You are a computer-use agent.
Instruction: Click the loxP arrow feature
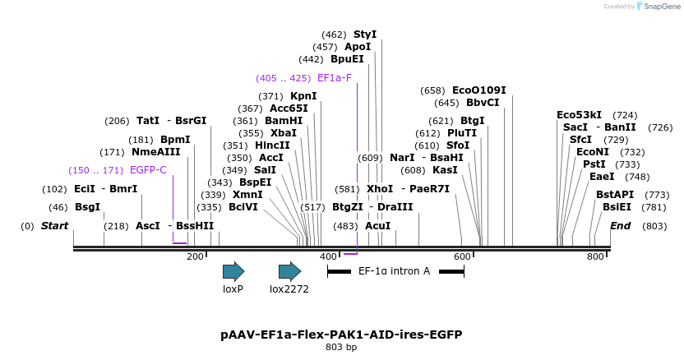[233, 272]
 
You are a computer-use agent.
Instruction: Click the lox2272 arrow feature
[289, 272]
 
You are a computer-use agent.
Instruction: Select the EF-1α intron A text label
[394, 271]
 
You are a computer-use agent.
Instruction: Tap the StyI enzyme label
[365, 35]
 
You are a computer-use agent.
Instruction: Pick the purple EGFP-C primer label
[148, 170]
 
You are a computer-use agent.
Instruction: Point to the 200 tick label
[195, 257]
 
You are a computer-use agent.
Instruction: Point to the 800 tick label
[595, 257]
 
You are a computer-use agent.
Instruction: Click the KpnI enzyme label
[303, 96]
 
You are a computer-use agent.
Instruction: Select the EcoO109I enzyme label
[479, 90]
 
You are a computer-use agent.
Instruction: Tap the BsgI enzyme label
[87, 207]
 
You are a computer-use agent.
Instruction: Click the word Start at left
[55, 225]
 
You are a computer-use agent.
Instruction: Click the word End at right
[621, 225]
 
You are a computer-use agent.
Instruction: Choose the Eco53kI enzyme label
[579, 115]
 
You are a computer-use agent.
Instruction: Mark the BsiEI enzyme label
[617, 207]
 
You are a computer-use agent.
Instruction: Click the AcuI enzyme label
[378, 225]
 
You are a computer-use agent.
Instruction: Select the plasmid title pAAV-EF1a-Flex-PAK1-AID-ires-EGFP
[341, 335]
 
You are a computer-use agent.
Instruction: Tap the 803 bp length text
[341, 348]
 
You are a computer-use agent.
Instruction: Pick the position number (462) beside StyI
[334, 35]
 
